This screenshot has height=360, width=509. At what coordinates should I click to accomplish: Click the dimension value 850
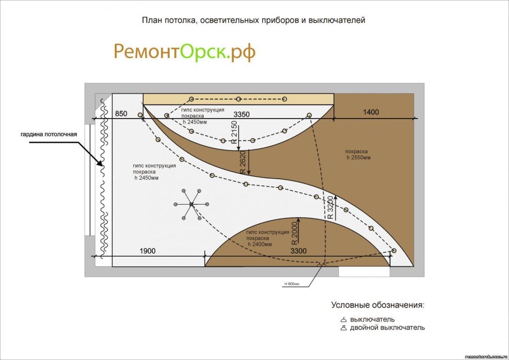tap(121, 114)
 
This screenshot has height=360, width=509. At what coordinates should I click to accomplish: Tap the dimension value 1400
tap(371, 112)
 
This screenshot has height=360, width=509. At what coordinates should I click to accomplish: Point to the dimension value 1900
tap(148, 251)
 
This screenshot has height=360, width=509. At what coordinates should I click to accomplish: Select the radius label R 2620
tap(243, 162)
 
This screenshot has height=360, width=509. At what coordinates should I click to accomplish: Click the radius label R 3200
tap(330, 206)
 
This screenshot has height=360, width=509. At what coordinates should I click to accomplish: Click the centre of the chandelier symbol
tap(191, 204)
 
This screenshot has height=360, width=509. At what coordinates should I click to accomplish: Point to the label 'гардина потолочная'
tap(49, 134)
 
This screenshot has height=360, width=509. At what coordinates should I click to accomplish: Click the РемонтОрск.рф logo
tap(184, 52)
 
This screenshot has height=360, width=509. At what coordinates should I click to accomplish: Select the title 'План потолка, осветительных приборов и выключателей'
tap(254, 21)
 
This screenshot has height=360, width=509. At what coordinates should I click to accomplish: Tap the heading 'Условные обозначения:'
tap(378, 305)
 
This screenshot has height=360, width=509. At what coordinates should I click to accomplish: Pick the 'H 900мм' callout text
tap(295, 284)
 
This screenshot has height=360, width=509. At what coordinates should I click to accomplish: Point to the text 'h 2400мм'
tap(263, 244)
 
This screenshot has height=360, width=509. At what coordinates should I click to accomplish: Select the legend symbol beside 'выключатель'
tap(343, 319)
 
